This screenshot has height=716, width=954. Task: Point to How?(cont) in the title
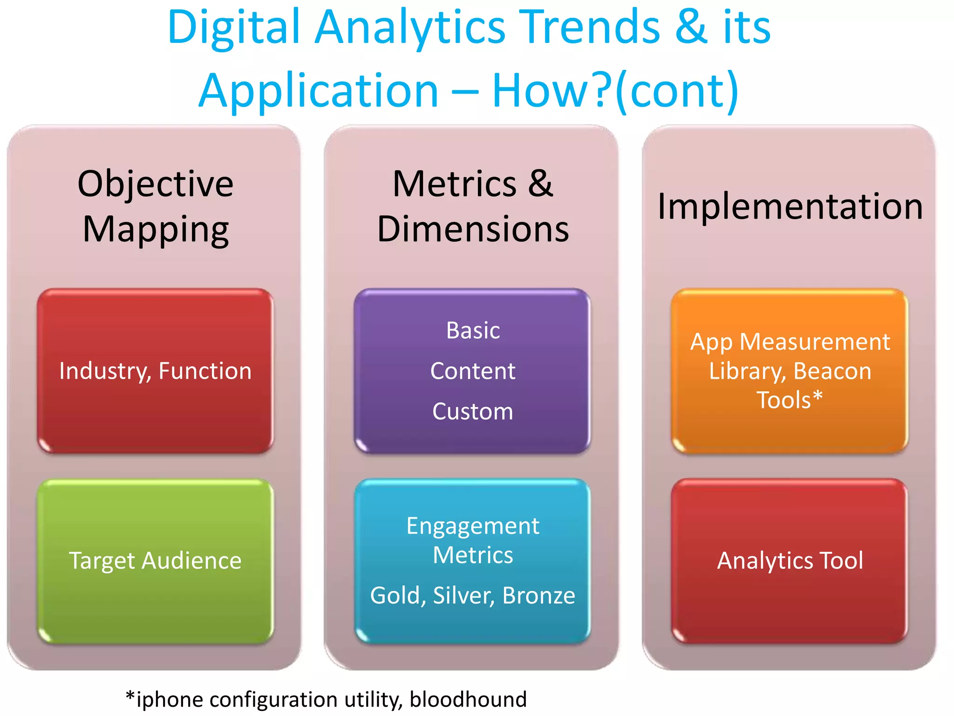pos(615,91)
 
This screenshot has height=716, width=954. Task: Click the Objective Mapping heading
pos(155,206)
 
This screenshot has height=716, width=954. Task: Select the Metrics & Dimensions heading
pos(472,206)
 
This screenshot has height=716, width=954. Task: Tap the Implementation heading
pos(790,206)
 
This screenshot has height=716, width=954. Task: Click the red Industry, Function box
pos(155,371)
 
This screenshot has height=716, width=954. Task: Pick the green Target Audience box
pos(155,561)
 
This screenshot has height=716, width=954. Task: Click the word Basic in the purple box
pos(473,330)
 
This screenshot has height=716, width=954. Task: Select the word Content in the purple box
pos(473,371)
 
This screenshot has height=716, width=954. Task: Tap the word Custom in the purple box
pos(473,412)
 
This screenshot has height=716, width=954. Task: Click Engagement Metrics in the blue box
pos(473,540)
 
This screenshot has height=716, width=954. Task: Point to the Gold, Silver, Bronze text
pos(473,595)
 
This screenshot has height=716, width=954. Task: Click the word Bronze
pos(539,595)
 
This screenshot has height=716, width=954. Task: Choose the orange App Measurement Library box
pos(790,371)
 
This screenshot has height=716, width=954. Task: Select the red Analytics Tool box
pos(790,561)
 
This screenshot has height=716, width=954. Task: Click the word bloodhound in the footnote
pos(468,699)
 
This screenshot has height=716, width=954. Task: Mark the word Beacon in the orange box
pos(832,371)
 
